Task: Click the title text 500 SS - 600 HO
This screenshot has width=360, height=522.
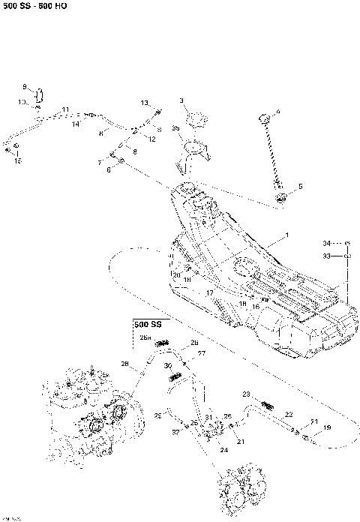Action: pyautogui.click(x=34, y=6)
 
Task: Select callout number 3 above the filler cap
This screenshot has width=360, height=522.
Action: pyautogui.click(x=181, y=100)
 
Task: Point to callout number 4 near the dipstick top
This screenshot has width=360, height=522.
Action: pyautogui.click(x=277, y=112)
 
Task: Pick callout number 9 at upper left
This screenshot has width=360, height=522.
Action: pyautogui.click(x=24, y=87)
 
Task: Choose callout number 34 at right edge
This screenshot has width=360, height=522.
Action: pyautogui.click(x=326, y=243)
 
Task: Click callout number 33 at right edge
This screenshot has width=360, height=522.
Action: pyautogui.click(x=326, y=256)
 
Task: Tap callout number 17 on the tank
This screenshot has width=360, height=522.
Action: pyautogui.click(x=211, y=293)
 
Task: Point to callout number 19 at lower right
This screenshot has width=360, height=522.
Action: pyautogui.click(x=326, y=427)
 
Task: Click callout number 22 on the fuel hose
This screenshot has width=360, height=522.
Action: pyautogui.click(x=288, y=414)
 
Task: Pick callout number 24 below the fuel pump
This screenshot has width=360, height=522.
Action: pyautogui.click(x=223, y=450)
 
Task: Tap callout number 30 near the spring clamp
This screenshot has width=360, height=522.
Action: pyautogui.click(x=167, y=364)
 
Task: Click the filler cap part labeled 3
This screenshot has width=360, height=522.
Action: pyautogui.click(x=196, y=118)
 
